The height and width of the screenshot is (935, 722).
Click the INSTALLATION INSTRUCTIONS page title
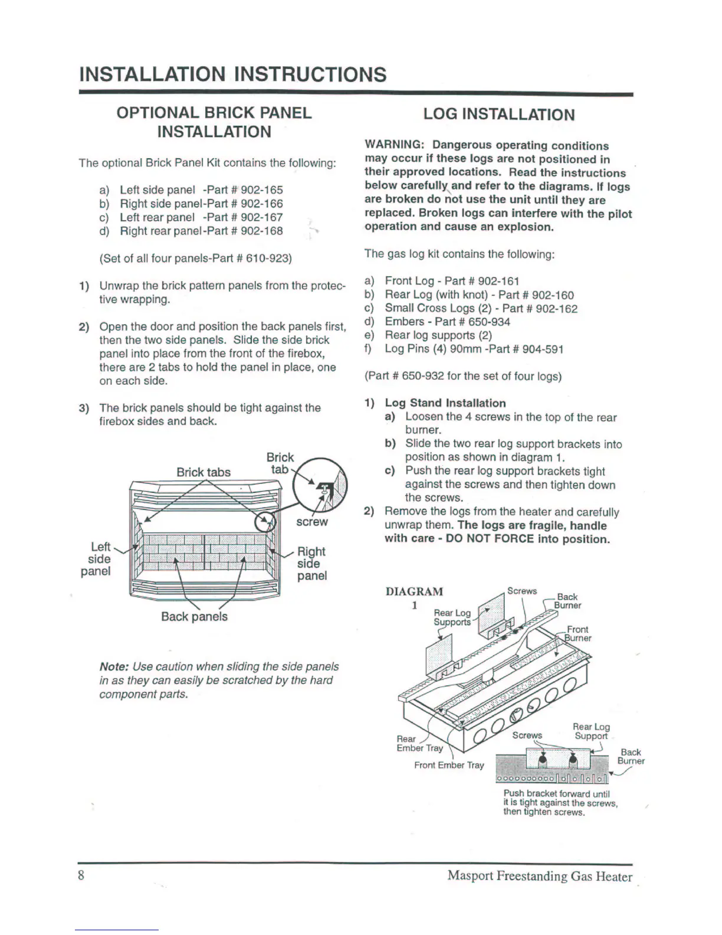click(x=233, y=74)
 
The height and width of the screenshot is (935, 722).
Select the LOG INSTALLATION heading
click(x=498, y=115)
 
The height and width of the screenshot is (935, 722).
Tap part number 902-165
click(x=262, y=190)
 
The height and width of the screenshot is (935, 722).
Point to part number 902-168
click(x=262, y=231)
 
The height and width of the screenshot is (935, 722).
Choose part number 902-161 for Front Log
click(x=498, y=281)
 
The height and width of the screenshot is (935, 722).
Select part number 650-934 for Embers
click(x=489, y=322)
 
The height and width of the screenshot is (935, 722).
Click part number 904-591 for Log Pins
click(x=543, y=349)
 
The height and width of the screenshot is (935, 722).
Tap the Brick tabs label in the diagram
click(x=204, y=472)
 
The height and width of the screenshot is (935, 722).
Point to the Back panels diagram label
click(x=194, y=616)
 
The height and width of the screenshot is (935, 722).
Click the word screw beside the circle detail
click(x=311, y=522)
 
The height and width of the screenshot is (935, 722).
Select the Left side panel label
click(x=97, y=559)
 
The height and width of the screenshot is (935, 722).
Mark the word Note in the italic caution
click(x=114, y=666)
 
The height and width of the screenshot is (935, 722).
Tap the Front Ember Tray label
click(x=449, y=765)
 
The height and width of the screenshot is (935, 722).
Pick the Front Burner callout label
click(x=577, y=633)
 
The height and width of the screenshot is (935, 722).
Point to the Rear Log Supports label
click(x=452, y=617)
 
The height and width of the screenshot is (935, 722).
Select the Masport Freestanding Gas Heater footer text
click(x=539, y=876)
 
